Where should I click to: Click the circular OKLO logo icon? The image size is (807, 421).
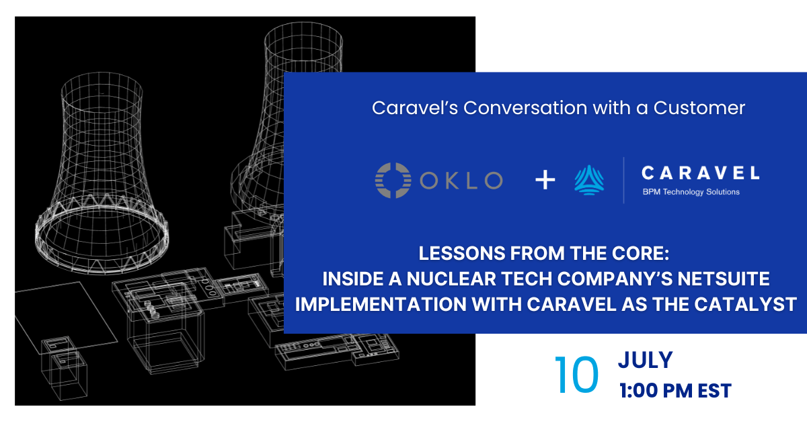393,180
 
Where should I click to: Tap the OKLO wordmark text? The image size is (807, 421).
461,180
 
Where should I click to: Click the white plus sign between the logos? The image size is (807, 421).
545,179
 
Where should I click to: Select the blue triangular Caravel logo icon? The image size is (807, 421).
589,180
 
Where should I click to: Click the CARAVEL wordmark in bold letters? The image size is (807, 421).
701,173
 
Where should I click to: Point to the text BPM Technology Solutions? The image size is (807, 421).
691,192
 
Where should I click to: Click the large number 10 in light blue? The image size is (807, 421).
576,375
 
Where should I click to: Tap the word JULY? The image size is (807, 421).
645,360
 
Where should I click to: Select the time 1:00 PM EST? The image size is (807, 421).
675,391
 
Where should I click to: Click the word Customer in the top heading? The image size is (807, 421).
699,108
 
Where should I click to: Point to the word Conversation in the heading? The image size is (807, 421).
525,108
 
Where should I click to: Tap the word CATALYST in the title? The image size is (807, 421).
745,304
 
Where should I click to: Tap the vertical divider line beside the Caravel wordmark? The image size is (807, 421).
623,180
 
